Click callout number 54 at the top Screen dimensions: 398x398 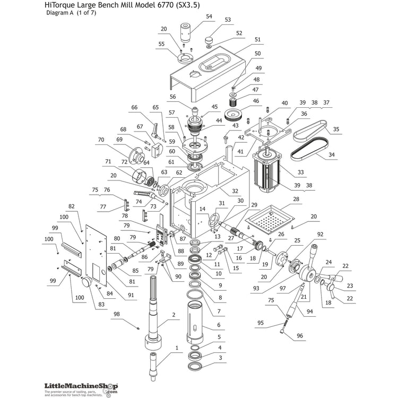pyautogui.click(x=209, y=16)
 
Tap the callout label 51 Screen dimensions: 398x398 pyautogui.click(x=257, y=39)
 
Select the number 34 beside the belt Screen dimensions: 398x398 pyautogui.click(x=332, y=155)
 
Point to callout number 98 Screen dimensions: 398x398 pyautogui.click(x=116, y=314)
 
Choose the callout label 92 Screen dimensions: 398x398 pyautogui.click(x=320, y=233)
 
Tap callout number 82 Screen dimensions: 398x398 pyautogui.click(x=71, y=206)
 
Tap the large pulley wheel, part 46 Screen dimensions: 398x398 pyautogui.click(x=233, y=116)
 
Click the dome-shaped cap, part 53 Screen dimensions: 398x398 pyautogui.click(x=209, y=40)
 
